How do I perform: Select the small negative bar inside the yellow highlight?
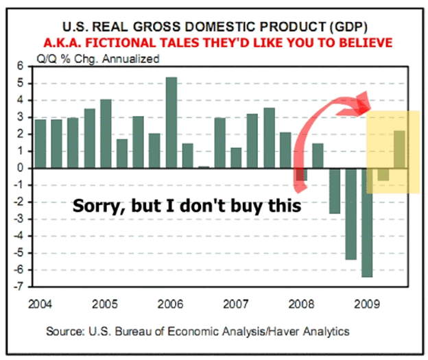click(383, 174)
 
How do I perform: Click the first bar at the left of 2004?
click(40, 143)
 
